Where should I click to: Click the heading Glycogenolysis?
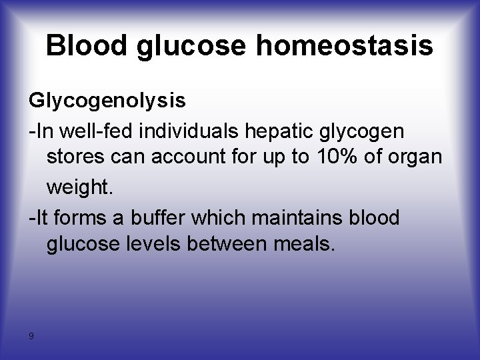107,101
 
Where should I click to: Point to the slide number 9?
31,335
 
